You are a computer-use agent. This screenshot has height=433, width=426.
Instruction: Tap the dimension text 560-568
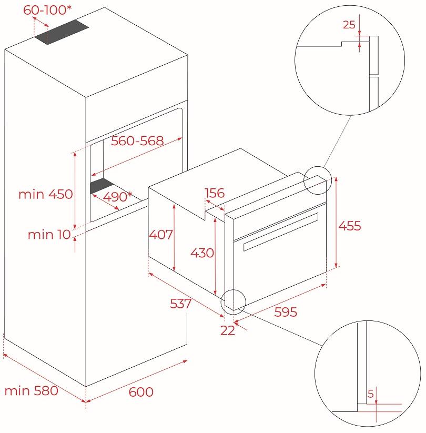click(x=137, y=140)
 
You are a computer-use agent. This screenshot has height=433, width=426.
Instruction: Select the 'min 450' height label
click(x=45, y=194)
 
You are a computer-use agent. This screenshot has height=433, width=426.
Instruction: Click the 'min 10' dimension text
click(x=49, y=235)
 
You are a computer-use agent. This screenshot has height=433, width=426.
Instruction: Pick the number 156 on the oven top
click(x=214, y=193)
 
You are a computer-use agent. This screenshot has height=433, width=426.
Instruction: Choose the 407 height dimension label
click(x=160, y=235)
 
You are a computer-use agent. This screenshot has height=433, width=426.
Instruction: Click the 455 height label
click(x=349, y=226)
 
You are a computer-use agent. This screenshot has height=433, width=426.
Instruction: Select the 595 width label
click(x=286, y=311)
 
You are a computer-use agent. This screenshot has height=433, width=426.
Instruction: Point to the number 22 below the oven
click(x=228, y=330)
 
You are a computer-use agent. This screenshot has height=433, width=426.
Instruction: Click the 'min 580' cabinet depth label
click(x=31, y=391)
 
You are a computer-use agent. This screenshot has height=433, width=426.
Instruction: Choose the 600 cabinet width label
click(x=140, y=392)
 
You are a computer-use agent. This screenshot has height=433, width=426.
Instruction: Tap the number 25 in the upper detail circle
click(x=349, y=24)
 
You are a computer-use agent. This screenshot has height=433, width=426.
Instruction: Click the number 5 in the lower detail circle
click(x=370, y=394)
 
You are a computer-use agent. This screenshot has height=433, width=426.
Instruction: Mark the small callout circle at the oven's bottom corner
click(x=234, y=300)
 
